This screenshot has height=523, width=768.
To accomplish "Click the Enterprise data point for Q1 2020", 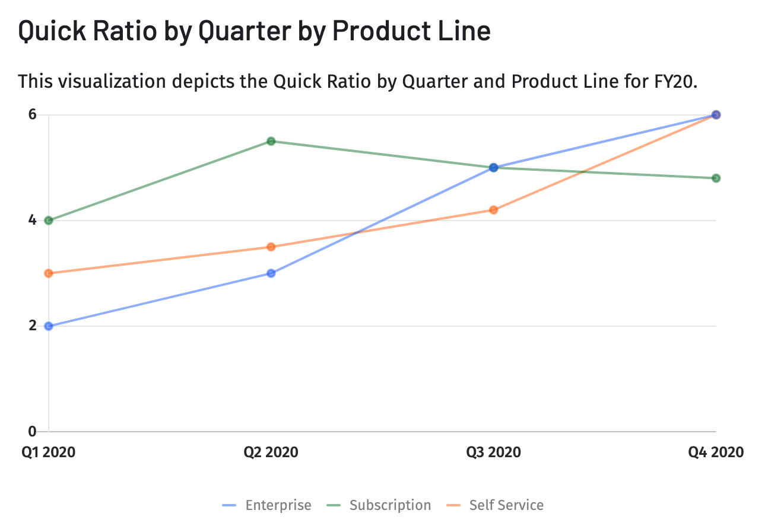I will [49, 326].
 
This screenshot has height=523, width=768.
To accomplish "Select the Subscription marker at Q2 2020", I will [271, 141].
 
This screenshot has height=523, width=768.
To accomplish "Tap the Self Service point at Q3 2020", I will [493, 210].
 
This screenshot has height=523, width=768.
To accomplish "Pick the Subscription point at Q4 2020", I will [716, 178].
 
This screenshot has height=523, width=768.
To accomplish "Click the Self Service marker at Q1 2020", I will [49, 273].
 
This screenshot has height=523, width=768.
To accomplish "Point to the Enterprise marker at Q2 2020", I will [271, 273].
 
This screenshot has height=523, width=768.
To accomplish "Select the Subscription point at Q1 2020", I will [49, 221].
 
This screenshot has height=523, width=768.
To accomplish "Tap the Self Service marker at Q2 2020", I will [271, 247].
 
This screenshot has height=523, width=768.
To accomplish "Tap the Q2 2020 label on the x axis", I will [271, 452].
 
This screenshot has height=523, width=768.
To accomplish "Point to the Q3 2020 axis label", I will [493, 452].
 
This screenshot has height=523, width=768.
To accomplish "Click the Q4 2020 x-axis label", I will [716, 452].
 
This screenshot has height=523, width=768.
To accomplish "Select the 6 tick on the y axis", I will [33, 114].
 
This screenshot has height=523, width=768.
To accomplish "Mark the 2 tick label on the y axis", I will [33, 326].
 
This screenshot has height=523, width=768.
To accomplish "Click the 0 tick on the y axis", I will [33, 431].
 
